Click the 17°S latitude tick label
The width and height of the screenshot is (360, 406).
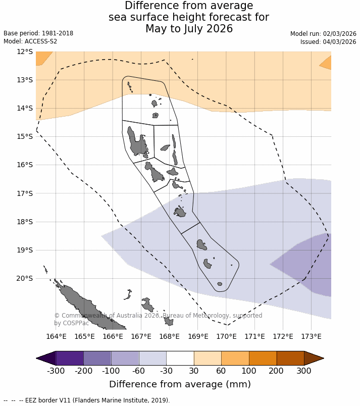pos(25,193)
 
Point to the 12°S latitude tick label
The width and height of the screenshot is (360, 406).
pos(25,52)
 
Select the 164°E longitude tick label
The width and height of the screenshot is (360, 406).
pos(57,337)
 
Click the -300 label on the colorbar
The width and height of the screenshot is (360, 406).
pos(56,371)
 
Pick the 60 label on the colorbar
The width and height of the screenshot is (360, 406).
pos(221,371)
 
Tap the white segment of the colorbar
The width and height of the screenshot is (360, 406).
pos(180,358)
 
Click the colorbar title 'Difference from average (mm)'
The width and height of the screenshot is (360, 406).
pos(180,384)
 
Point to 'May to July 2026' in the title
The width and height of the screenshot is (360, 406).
pos(189,29)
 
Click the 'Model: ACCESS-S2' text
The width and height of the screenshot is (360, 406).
pos(30,41)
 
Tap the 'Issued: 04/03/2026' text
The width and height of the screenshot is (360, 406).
pos(328,42)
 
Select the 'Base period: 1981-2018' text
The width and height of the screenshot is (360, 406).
pos(38,33)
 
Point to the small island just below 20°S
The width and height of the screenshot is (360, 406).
pos(220,284)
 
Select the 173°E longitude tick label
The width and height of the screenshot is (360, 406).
pos(311,337)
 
